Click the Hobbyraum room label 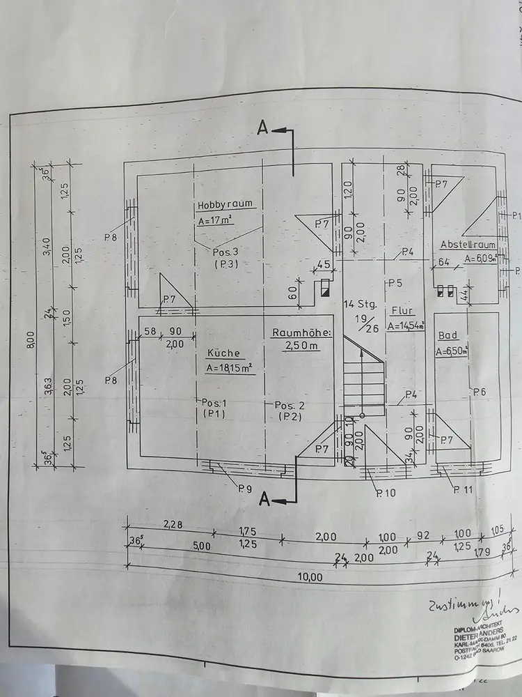coord(224,205)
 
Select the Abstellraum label coord(468,245)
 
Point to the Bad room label coord(447,336)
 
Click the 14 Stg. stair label coord(361,304)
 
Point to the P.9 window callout coord(244,488)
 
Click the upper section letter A coord(263,128)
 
